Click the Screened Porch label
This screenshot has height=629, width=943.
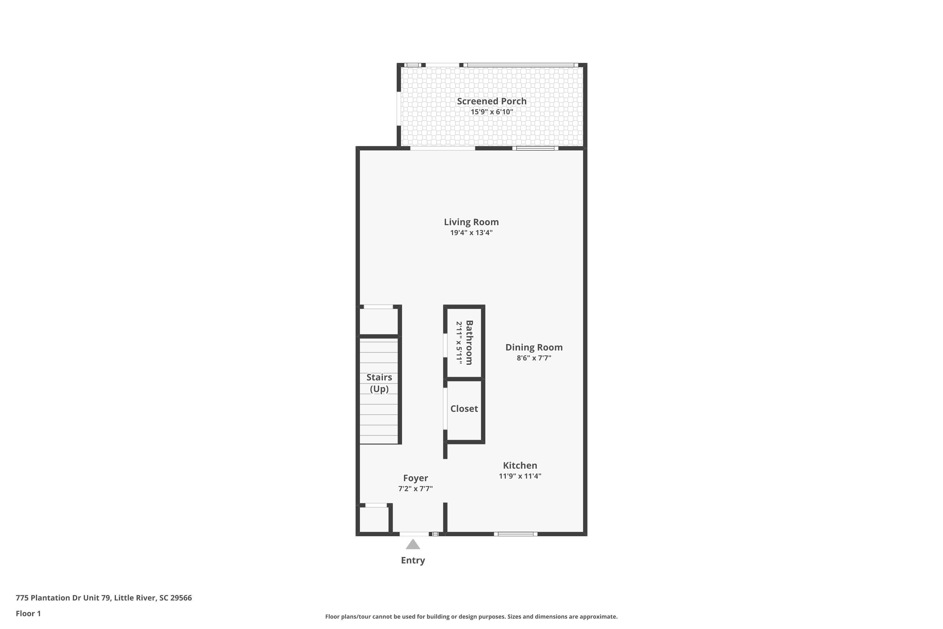point(492,101)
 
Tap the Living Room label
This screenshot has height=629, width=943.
point(471,222)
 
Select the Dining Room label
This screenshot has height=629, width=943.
point(534,348)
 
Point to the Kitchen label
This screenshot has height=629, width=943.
point(520,465)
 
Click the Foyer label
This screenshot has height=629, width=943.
point(415,478)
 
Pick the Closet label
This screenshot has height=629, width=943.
point(464,408)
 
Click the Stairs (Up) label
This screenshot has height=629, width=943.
point(379,383)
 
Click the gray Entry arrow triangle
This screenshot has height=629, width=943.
point(412,544)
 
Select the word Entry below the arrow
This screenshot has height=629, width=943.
point(412,560)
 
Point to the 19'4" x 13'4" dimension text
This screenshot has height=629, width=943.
point(471,233)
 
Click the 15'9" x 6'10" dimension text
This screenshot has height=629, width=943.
point(492,112)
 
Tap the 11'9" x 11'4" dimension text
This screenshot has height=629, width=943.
point(520,476)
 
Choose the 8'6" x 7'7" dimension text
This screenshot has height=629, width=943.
point(534,358)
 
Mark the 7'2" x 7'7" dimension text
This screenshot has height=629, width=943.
point(415,489)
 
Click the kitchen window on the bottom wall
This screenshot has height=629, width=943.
point(516,534)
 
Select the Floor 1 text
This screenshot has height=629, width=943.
point(28,613)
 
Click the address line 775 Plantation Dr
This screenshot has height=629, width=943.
point(104,598)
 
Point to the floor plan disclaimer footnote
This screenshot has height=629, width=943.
point(471,616)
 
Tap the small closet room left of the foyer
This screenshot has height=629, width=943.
point(374,520)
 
